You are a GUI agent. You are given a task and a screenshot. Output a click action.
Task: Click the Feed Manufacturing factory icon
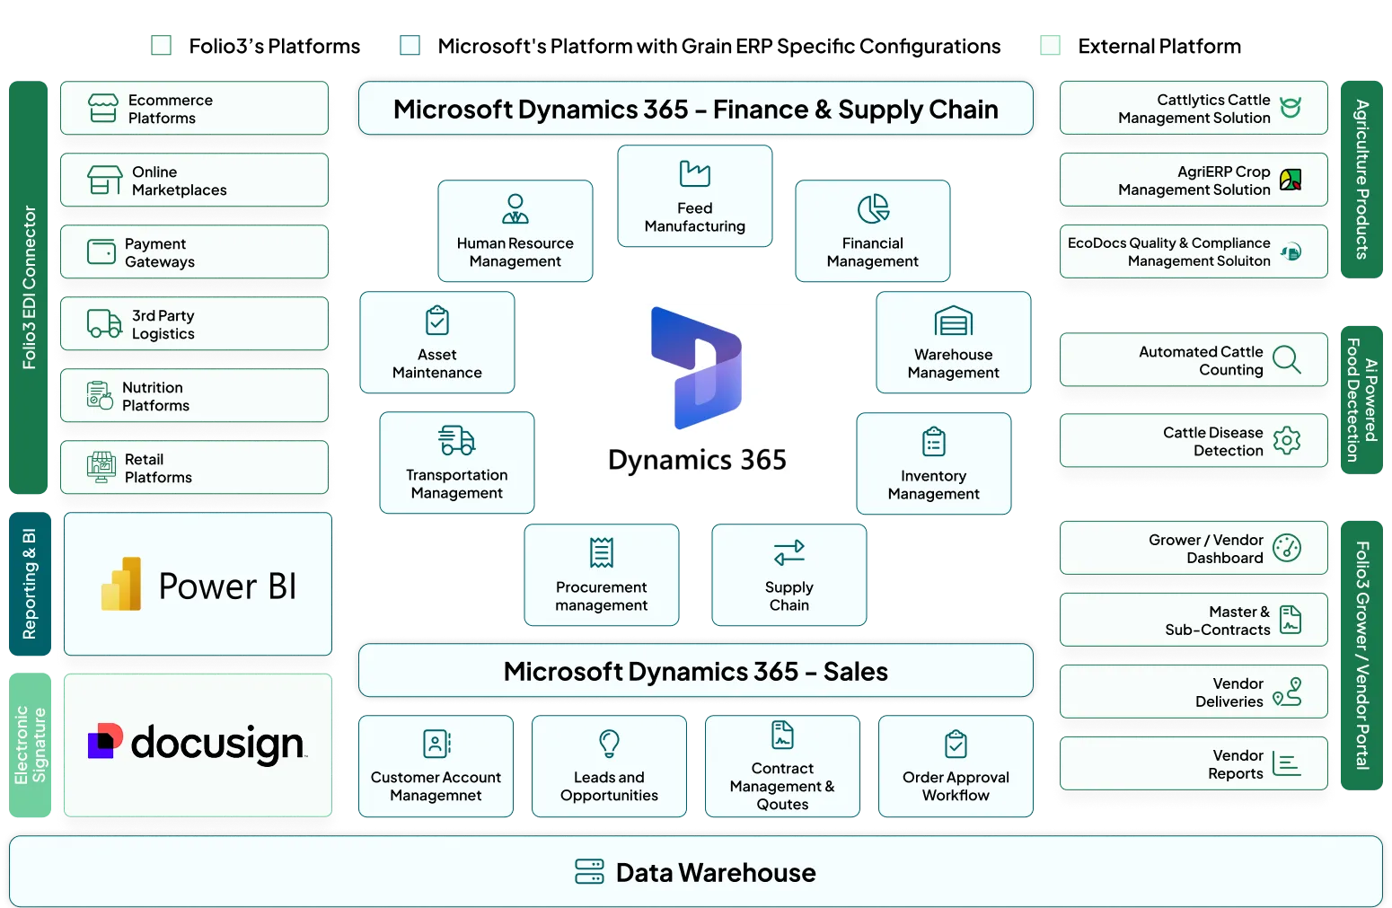695,173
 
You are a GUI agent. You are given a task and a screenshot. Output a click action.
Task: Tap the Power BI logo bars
121,584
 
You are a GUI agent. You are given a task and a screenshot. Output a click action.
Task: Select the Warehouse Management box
953,342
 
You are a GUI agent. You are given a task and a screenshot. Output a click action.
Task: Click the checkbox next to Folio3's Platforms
161,46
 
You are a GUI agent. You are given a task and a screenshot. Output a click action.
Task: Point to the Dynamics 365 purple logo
696,368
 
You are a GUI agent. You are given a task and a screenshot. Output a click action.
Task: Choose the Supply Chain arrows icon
789,552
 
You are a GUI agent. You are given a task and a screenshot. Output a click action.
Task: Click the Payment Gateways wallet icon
101,251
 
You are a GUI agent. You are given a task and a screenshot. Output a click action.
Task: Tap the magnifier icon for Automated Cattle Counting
1286,359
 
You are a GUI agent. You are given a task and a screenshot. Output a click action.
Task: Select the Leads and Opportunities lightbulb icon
609,744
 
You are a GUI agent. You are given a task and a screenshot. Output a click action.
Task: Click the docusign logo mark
105,740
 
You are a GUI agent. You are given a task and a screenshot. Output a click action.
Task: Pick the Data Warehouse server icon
589,871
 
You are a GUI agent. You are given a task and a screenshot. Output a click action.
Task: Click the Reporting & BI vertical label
30,584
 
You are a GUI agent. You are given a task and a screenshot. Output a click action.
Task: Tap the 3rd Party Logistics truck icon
104,323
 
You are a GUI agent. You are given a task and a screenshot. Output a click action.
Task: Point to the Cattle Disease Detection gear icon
1286,441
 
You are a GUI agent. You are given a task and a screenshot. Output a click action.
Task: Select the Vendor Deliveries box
1194,692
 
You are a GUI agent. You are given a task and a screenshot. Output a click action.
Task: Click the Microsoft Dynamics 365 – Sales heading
695,671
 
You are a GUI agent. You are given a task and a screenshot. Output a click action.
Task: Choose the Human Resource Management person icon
515,209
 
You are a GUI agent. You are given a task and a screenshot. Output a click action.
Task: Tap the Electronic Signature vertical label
30,745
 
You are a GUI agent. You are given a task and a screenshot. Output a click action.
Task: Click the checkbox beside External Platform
1050,46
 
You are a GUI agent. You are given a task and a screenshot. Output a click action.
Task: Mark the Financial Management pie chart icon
873,208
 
